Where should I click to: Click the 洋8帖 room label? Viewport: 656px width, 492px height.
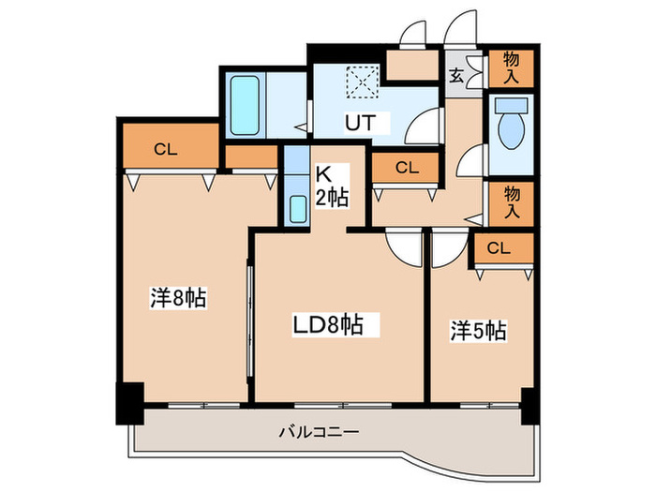click(178, 299)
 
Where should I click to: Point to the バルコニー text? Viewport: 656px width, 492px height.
click(319, 433)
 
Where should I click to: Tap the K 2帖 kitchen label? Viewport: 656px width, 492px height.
click(330, 186)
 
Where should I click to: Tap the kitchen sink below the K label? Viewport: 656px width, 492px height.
click(297, 209)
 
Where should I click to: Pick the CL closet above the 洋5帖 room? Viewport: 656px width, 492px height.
click(499, 248)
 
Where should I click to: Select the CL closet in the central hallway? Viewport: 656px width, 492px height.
click(405, 169)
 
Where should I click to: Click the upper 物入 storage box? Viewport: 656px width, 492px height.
click(511, 68)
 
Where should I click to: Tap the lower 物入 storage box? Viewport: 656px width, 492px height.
click(512, 202)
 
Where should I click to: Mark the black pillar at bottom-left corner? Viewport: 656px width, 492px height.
click(128, 403)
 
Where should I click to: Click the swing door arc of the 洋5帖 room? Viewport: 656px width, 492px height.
click(446, 248)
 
